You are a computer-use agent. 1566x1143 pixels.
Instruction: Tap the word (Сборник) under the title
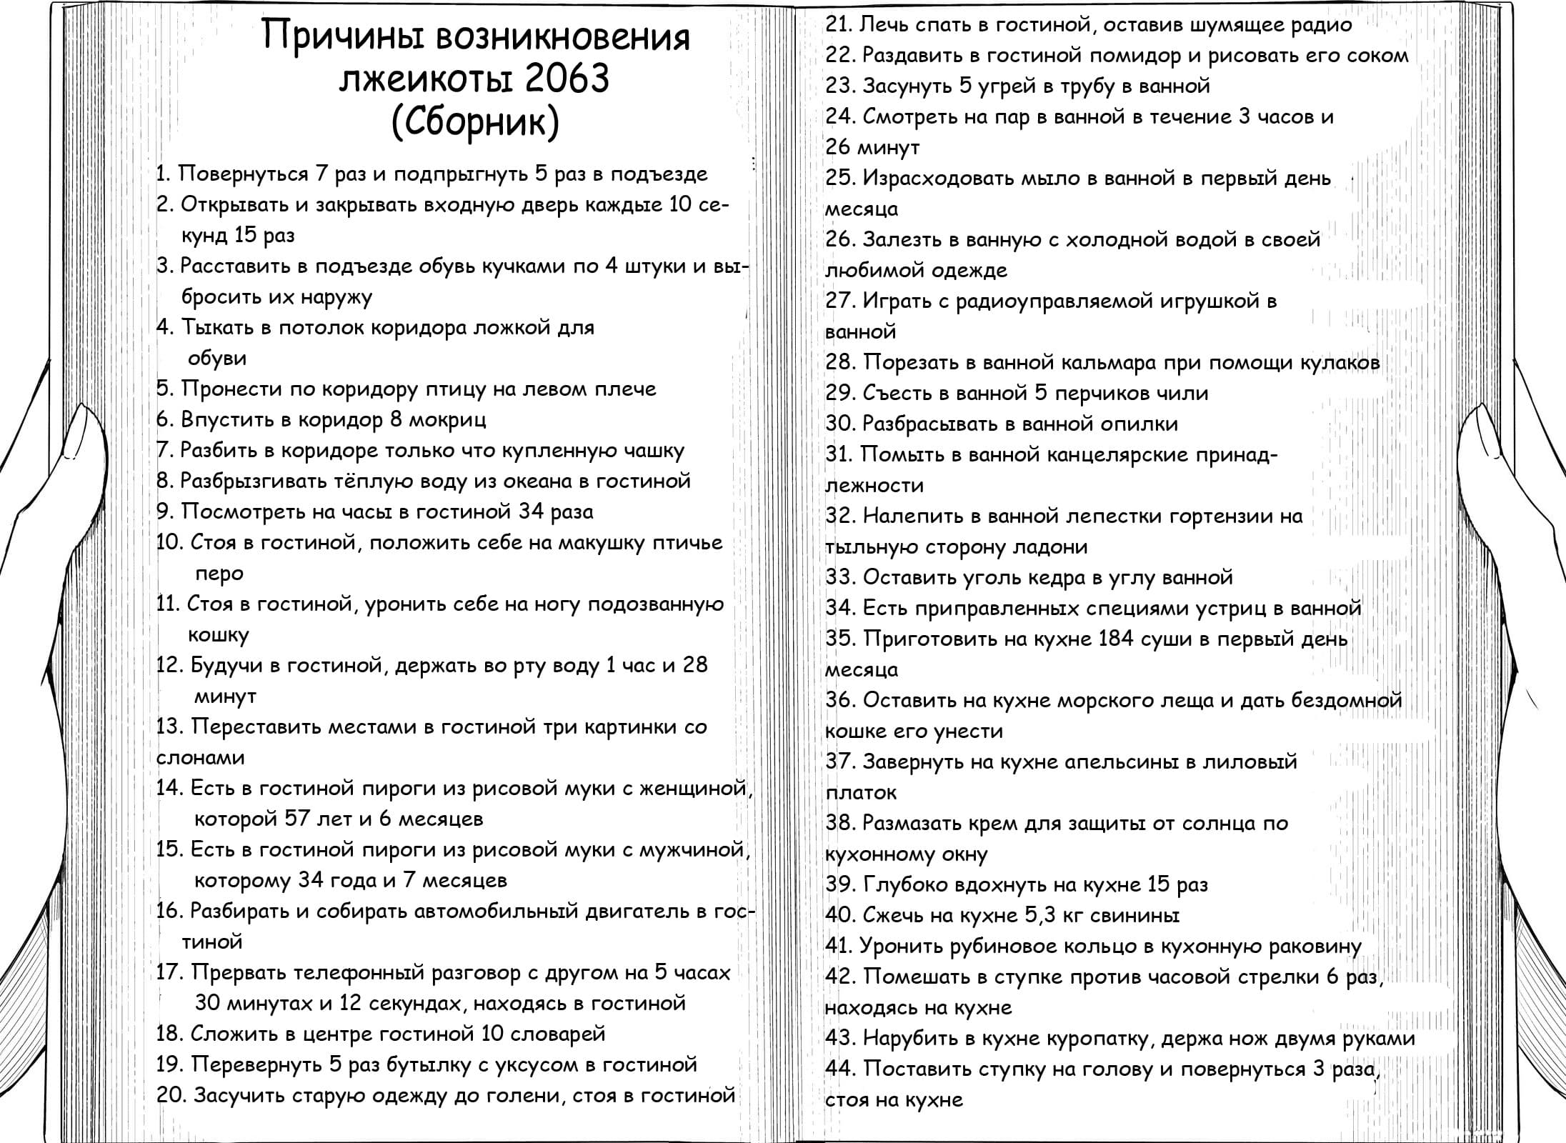coord(475,123)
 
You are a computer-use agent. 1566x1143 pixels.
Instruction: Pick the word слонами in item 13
coord(201,758)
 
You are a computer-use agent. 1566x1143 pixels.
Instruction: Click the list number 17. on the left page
coord(171,973)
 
